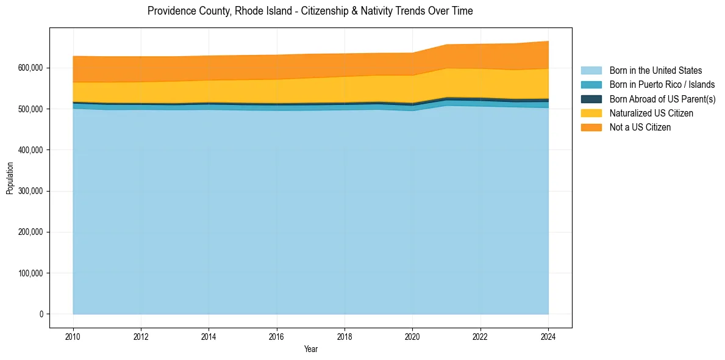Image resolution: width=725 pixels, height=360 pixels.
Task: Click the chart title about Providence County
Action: [310, 11]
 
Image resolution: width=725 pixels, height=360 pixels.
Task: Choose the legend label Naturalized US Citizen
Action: [651, 113]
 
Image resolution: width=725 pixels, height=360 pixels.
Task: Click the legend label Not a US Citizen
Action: [640, 128]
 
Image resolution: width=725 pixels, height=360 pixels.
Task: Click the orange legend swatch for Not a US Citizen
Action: [591, 128]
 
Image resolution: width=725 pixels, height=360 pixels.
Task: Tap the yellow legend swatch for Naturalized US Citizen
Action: [591, 113]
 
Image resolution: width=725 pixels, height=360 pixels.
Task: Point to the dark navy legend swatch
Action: [591, 99]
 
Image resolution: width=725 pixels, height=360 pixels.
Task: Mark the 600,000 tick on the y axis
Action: [31, 68]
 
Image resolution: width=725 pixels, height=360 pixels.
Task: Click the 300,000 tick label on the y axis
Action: [31, 191]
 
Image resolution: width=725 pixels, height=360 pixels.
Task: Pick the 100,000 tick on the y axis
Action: [31, 273]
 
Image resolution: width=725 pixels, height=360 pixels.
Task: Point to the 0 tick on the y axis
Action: [41, 314]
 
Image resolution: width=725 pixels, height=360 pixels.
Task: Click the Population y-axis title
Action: [9, 178]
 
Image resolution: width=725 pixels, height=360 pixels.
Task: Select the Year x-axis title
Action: [310, 350]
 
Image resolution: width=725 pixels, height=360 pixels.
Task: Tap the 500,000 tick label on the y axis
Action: [31, 109]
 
